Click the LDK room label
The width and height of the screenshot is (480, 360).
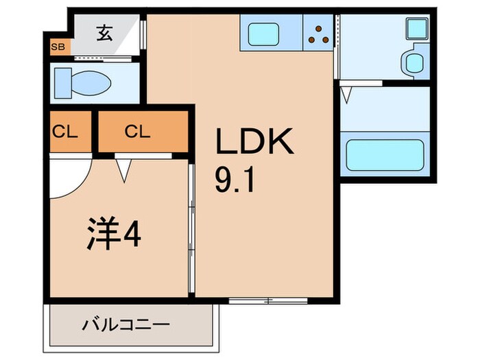click(255, 143)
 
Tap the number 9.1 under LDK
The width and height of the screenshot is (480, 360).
click(236, 182)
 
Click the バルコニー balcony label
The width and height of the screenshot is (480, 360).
click(126, 324)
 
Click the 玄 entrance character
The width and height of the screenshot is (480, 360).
click(104, 32)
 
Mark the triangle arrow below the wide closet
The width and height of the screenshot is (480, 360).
click(123, 168)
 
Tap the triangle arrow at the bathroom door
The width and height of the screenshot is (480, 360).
click(347, 94)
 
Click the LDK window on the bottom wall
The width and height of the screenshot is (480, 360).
click(259, 300)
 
